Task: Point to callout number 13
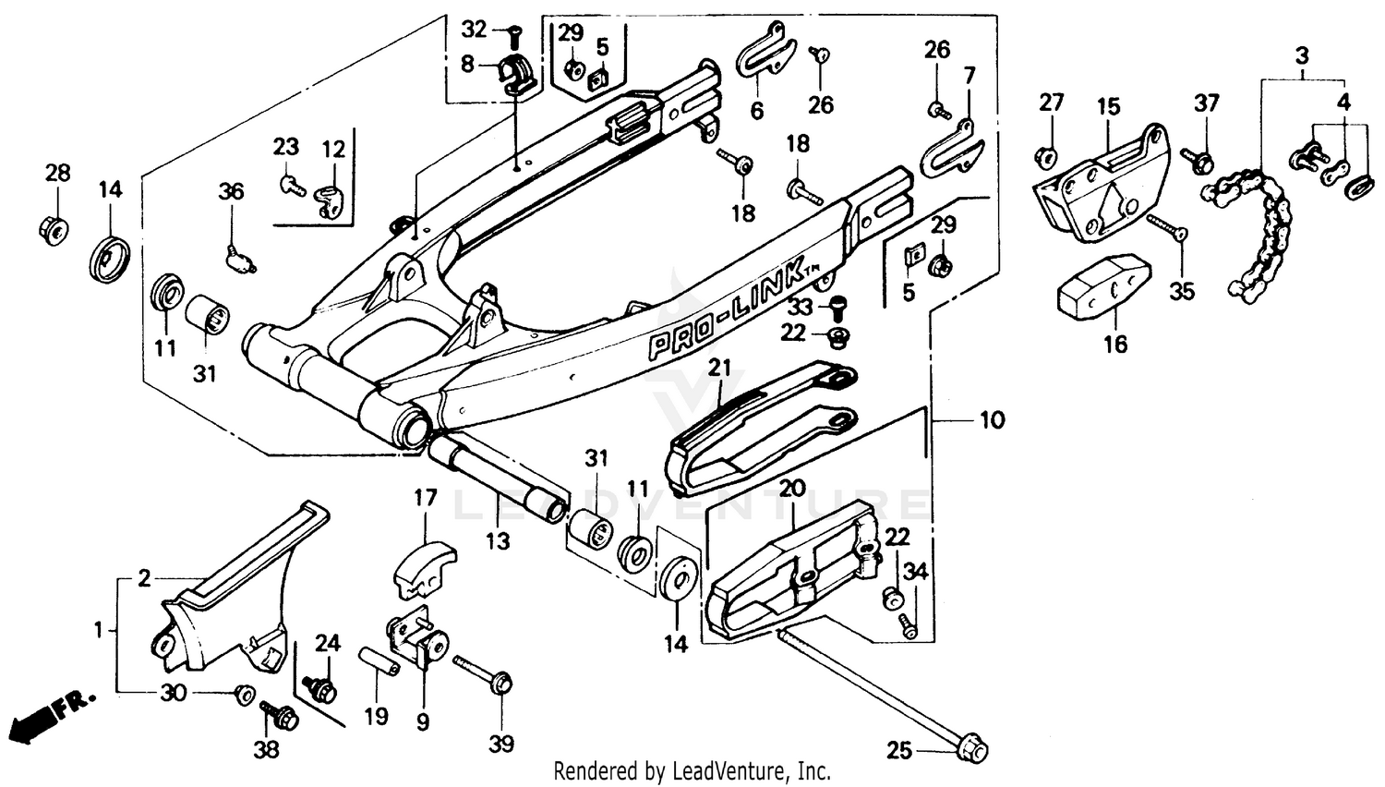[498, 539]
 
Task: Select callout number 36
[231, 191]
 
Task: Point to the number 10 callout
[991, 420]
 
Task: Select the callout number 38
[266, 749]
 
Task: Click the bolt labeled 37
[1201, 163]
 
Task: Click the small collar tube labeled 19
[379, 662]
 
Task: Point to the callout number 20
[793, 488]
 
